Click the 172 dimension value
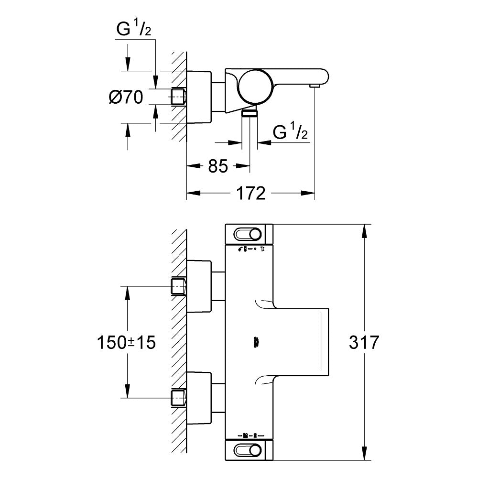[x=251, y=193]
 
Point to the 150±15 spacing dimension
[x=126, y=342]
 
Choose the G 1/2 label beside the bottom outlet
[x=290, y=132]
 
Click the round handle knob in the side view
[x=256, y=86]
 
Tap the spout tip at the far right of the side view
[x=314, y=85]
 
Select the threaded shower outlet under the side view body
[x=250, y=113]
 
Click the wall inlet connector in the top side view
[x=178, y=96]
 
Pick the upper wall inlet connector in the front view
[x=178, y=286]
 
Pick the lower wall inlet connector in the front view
[x=178, y=397]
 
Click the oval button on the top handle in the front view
[x=248, y=234]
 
